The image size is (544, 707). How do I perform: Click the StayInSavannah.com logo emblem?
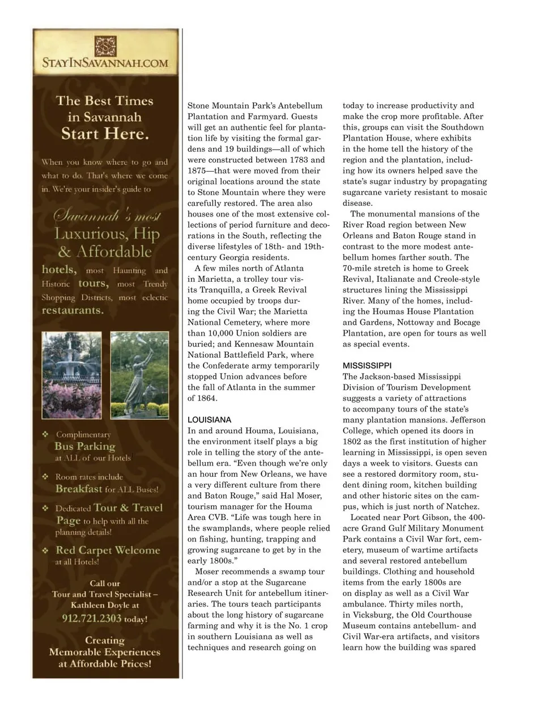tap(105, 45)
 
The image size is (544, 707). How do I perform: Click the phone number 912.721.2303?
tap(92, 618)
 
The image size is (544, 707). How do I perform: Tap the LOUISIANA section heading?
tap(209, 420)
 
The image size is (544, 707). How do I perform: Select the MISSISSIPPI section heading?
tap(367, 366)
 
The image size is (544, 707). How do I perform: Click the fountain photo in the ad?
tap(71, 375)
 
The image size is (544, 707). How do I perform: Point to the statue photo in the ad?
tap(139, 375)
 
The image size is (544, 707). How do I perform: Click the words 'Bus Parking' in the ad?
tap(84, 446)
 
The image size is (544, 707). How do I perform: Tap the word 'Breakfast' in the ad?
tap(79, 489)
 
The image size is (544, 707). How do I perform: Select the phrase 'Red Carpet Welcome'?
tap(108, 550)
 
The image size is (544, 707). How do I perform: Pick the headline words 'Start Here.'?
tap(105, 134)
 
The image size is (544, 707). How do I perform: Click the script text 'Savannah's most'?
tap(107, 216)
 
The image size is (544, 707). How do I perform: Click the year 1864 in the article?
tap(206, 398)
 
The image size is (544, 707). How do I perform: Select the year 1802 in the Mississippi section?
tap(353, 442)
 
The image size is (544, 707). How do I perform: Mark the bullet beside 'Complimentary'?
tap(45, 435)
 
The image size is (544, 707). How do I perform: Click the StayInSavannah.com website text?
tap(105, 63)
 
